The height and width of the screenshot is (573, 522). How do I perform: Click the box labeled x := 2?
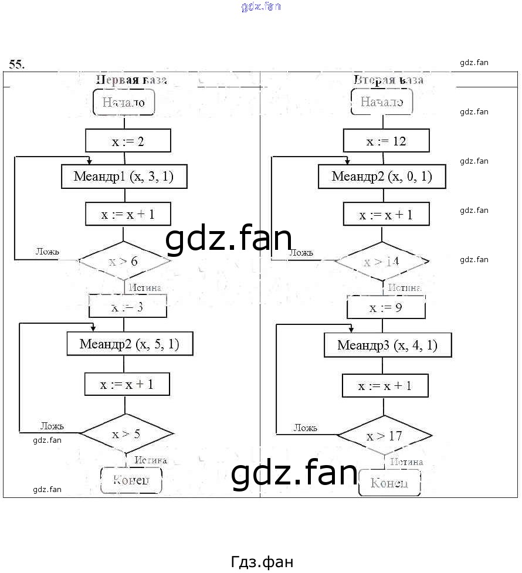[x=128, y=141]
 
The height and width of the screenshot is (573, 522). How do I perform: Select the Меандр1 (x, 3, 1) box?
[x=124, y=176]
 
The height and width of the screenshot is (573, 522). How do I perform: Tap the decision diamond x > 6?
[x=124, y=261]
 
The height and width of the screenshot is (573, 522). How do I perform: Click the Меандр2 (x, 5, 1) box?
[x=129, y=344]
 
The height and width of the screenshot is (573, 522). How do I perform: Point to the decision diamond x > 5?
[x=126, y=434]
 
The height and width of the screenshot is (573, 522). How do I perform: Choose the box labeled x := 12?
[x=386, y=141]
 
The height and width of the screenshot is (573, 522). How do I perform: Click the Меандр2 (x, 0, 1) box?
[x=382, y=176]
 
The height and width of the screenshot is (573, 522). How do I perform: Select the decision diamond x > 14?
[x=381, y=262]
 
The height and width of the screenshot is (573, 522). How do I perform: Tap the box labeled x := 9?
[x=385, y=307]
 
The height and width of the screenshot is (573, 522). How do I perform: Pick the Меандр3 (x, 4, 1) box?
[x=388, y=345]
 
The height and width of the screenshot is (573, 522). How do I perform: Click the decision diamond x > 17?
[x=384, y=436]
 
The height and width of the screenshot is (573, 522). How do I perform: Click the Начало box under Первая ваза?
[x=123, y=102]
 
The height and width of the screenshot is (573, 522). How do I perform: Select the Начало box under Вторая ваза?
[x=381, y=102]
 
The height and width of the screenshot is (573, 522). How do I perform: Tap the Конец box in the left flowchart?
[x=131, y=480]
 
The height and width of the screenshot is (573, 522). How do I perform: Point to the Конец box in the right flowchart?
[x=389, y=483]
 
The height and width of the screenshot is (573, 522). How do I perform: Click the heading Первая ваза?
[x=131, y=80]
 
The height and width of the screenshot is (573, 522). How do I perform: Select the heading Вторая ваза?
[x=388, y=80]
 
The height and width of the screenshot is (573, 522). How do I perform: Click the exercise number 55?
[x=16, y=65]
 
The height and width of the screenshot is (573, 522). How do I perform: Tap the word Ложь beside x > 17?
[x=305, y=428]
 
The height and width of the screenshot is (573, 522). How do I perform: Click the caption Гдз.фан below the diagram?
[x=262, y=561]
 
